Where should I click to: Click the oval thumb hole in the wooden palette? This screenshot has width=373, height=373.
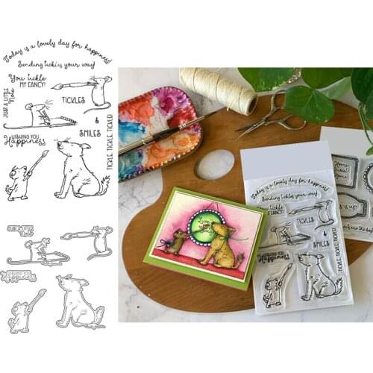click(x=215, y=164)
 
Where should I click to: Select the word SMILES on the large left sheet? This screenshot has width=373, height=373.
click(x=90, y=133)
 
